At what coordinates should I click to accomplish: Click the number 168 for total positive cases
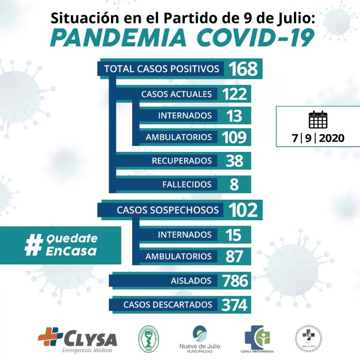[x=243, y=69]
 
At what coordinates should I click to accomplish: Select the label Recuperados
[x=181, y=161]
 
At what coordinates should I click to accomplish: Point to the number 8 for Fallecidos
[x=234, y=184]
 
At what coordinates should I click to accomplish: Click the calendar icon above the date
[x=318, y=120]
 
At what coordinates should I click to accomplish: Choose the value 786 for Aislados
[x=235, y=281]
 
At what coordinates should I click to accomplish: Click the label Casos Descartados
[x=168, y=305]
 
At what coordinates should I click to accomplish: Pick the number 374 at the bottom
[x=234, y=305]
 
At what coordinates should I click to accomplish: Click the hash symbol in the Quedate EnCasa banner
[x=33, y=245]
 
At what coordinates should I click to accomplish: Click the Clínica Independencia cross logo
[x=257, y=337]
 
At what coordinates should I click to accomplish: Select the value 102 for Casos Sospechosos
[x=243, y=210]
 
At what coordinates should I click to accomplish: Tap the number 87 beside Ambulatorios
[x=234, y=256]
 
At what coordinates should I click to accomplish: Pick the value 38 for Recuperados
[x=234, y=161]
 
